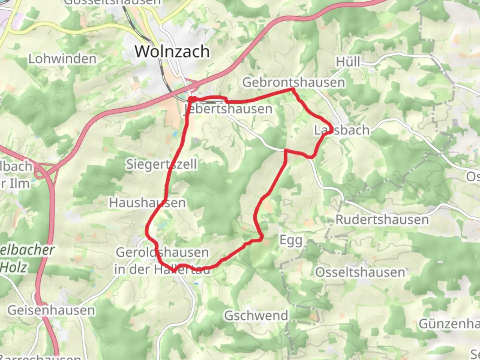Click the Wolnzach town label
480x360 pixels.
[172, 51]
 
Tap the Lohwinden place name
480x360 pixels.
[62, 59]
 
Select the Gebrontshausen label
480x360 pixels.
[293, 82]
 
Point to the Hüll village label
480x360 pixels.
[348, 62]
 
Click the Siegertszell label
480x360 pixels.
[161, 164]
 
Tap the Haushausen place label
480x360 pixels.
[147, 203]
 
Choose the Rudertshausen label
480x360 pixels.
[382, 220]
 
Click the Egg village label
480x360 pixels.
[291, 240]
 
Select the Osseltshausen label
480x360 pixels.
[360, 272]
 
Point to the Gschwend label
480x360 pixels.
[256, 315]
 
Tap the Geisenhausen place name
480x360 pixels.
[51, 310]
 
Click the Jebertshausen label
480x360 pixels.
[228, 109]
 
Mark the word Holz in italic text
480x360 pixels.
[14, 267]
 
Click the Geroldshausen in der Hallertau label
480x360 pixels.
[162, 261]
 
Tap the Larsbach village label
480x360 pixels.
[342, 130]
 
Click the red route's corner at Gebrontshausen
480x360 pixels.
[293, 89]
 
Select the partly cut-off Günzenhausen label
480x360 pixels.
[449, 324]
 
